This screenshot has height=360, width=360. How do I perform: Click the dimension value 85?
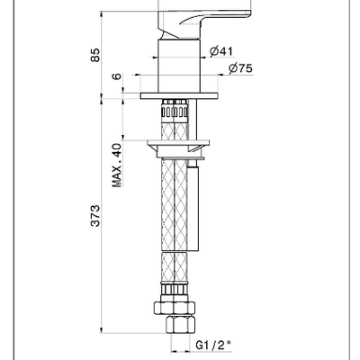coord(94,55)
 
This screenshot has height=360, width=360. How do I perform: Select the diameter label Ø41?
coord(221,51)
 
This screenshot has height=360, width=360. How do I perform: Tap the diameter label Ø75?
coord(240,68)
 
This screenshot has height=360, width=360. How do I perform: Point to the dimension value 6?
coord(117,76)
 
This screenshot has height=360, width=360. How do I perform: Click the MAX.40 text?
coord(117,166)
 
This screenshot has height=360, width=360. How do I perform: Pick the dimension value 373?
coord(94,216)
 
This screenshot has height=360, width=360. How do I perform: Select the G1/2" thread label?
coord(214,345)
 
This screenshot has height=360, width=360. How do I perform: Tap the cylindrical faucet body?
coord(179,66)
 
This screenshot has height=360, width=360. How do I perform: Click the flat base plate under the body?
coord(179,95)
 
